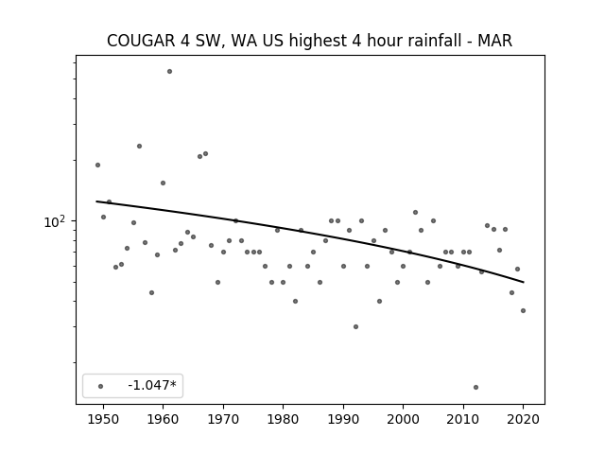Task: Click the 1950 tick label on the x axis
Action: click(103, 419)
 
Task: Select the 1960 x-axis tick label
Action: click(163, 419)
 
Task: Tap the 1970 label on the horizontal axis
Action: click(223, 419)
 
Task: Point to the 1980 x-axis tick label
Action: click(283, 419)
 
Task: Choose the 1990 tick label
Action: click(343, 419)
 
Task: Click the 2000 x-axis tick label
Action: click(403, 419)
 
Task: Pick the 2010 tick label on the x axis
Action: click(463, 419)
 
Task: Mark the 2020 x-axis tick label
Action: click(523, 419)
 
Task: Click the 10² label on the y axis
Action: click(54, 221)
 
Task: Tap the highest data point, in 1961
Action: click(169, 72)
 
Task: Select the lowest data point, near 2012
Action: click(475, 387)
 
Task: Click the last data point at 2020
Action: click(523, 311)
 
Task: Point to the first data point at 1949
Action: click(97, 166)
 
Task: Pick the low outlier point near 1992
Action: click(355, 326)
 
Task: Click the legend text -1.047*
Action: click(152, 385)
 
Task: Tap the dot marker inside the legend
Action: click(101, 386)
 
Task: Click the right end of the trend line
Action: click(523, 282)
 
